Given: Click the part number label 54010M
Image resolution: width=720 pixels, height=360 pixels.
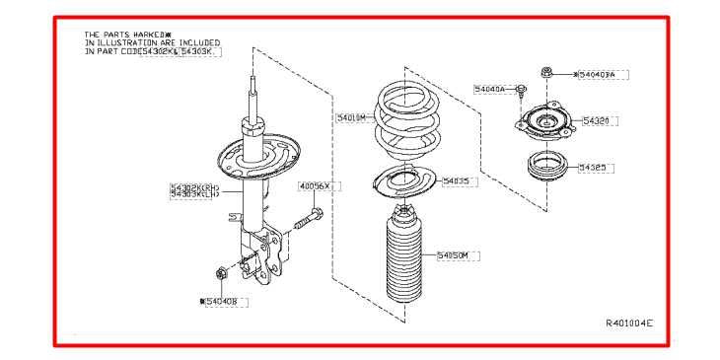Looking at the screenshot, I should (351, 117).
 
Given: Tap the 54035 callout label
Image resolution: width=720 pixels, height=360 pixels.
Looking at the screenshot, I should (457, 181).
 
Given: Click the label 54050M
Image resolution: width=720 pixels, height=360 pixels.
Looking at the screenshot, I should (457, 255).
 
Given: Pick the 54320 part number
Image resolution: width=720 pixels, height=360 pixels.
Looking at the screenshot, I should (596, 120).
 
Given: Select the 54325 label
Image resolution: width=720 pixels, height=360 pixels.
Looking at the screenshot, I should (595, 168).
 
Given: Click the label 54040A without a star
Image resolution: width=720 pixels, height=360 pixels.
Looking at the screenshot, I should (489, 89).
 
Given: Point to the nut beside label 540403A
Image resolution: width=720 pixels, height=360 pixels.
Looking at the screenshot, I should (545, 72).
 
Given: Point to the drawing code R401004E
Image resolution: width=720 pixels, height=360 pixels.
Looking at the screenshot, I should (628, 323).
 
